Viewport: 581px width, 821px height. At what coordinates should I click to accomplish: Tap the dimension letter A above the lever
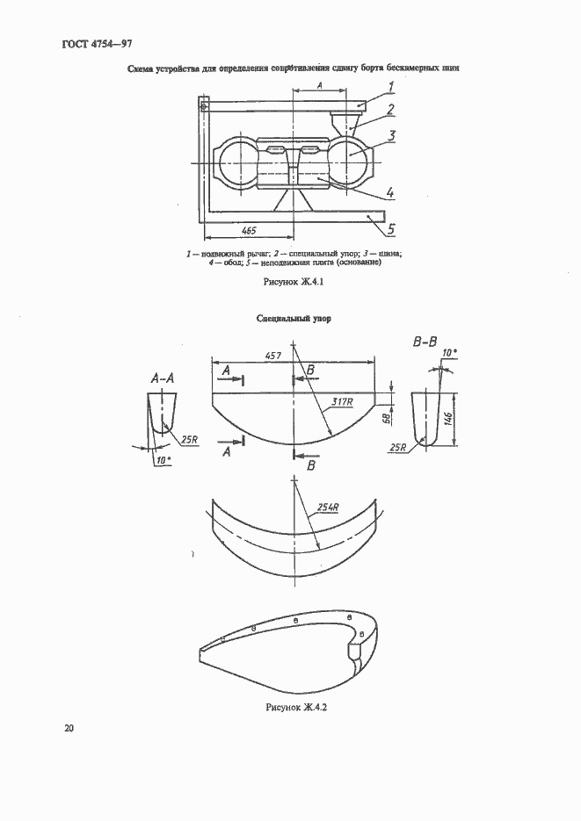(x=320, y=84)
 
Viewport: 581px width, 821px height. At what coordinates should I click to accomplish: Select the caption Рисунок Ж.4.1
(x=294, y=283)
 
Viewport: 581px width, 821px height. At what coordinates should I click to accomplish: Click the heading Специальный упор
(x=294, y=320)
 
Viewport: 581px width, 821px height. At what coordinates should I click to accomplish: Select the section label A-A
(x=163, y=379)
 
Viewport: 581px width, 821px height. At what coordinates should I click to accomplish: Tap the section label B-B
(x=426, y=342)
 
